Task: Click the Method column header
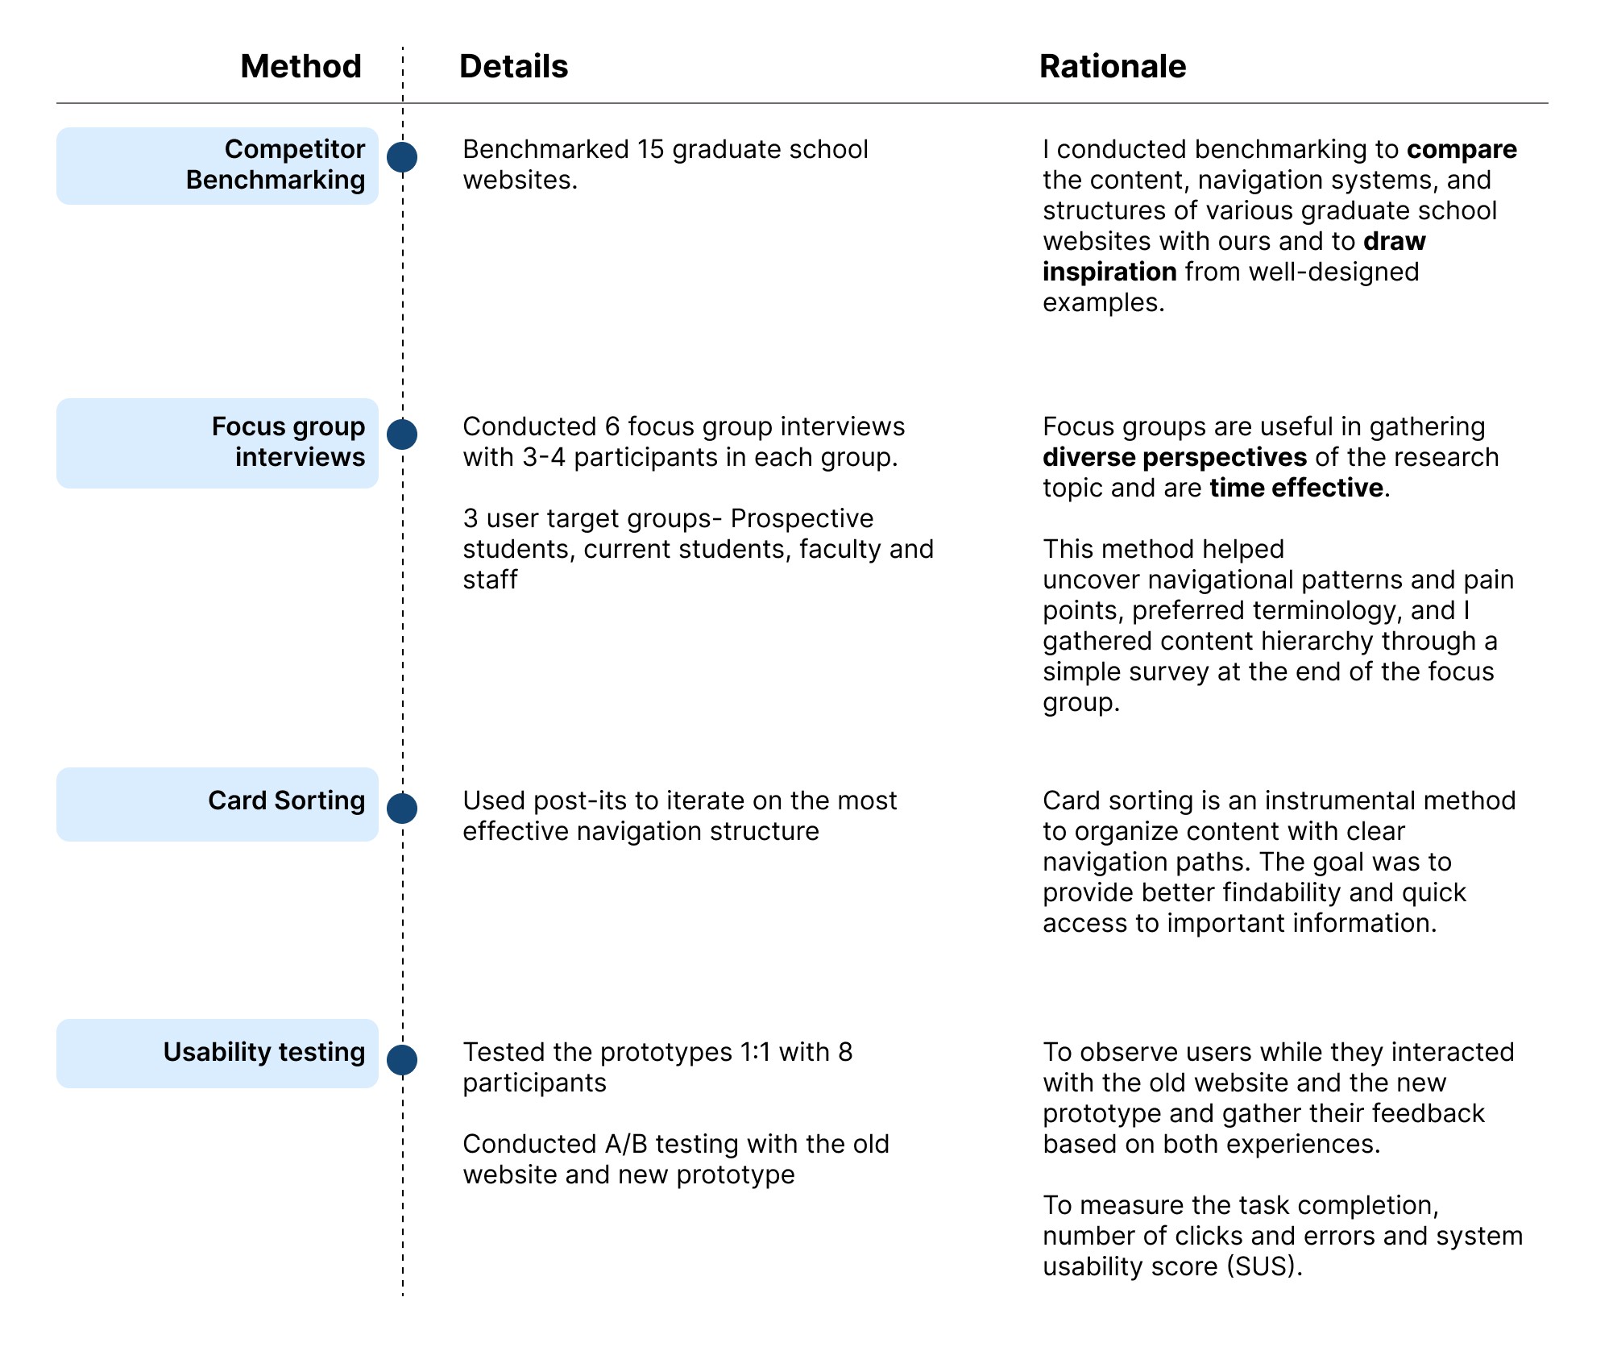coord(301,66)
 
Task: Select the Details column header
coord(513,66)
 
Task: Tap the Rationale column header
coord(1112,66)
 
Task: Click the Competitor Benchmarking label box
coord(218,165)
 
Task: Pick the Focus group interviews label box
coord(218,443)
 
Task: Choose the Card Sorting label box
coord(218,804)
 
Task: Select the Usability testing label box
coord(218,1053)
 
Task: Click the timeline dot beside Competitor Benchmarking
coord(402,157)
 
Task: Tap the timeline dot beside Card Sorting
coord(402,808)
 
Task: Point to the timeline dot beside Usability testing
coord(402,1060)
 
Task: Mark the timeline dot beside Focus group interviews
coord(402,434)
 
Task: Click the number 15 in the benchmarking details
coord(651,150)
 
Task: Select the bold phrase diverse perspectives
coord(1175,458)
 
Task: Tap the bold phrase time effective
coord(1296,489)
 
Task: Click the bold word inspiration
coord(1109,272)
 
